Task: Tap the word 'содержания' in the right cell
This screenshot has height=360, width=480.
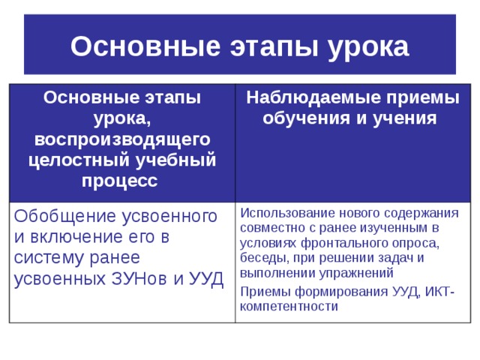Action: [x=419, y=212]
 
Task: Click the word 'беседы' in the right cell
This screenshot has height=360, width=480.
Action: [x=262, y=258]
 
